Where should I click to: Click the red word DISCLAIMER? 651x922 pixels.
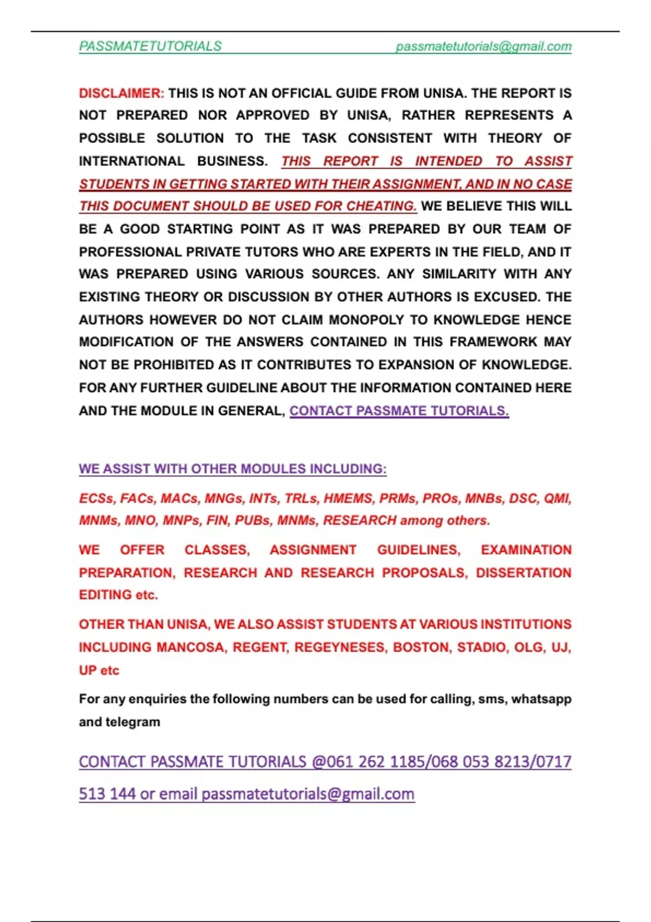tap(121, 93)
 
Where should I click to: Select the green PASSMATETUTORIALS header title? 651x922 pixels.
tap(150, 47)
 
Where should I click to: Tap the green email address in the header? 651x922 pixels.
tap(483, 47)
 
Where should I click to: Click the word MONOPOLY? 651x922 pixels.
tap(366, 320)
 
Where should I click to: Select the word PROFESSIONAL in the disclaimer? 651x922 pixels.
tap(130, 252)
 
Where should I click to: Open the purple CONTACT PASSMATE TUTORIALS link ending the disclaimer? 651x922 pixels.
tap(399, 411)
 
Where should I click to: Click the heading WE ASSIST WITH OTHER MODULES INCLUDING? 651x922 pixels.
tap(233, 469)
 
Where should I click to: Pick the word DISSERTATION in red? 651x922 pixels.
tap(524, 573)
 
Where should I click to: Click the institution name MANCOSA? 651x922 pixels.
tap(190, 648)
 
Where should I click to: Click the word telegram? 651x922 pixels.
tap(133, 722)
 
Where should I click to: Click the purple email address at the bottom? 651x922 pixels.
tap(308, 794)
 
